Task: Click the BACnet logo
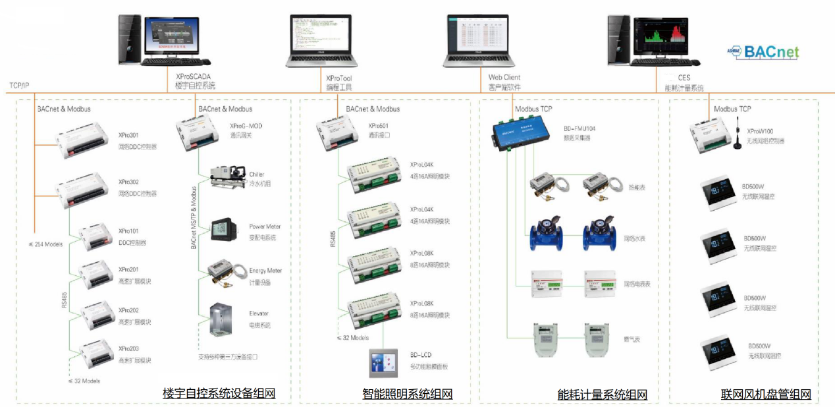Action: pyautogui.click(x=764, y=52)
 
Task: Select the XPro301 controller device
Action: pyautogui.click(x=80, y=139)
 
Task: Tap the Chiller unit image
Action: pyautogui.click(x=227, y=178)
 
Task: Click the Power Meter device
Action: pyautogui.click(x=219, y=230)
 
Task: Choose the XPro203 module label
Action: pyautogui.click(x=129, y=348)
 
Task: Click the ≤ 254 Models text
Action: pyautogui.click(x=47, y=244)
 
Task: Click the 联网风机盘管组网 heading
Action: pyautogui.click(x=766, y=394)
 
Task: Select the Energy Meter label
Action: pyautogui.click(x=265, y=271)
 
